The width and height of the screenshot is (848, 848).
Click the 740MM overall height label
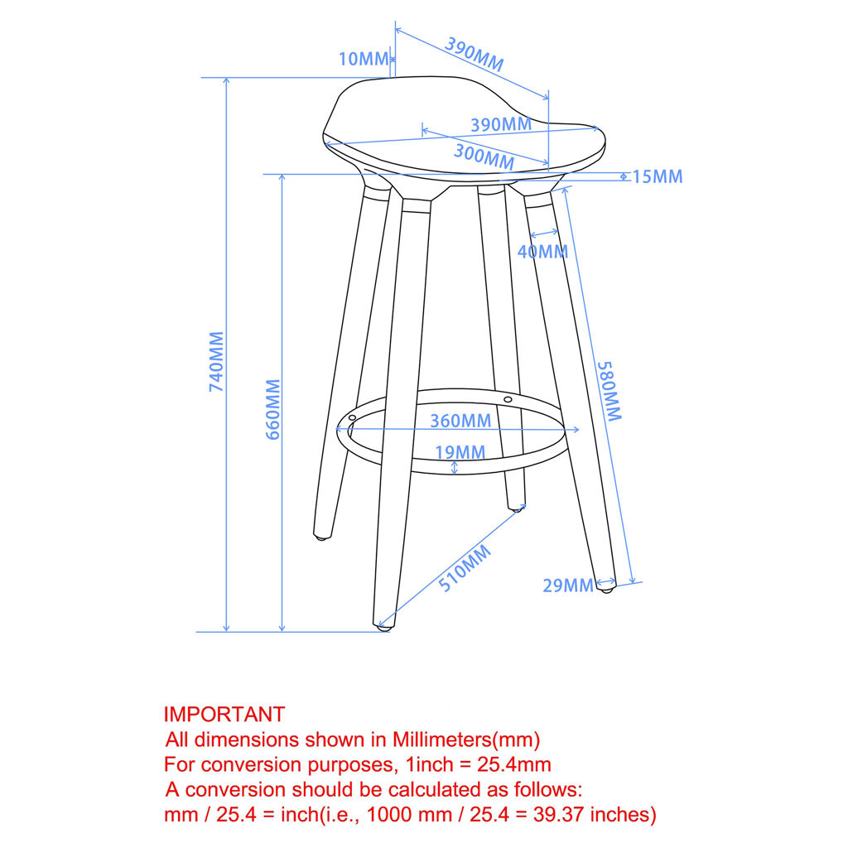pyautogui.click(x=216, y=361)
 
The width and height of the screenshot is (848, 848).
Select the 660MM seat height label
pyautogui.click(x=273, y=409)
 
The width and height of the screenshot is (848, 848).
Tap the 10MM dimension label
pyautogui.click(x=364, y=59)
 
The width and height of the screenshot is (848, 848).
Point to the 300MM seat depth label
pyautogui.click(x=484, y=157)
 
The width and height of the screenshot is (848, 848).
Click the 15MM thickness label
pyautogui.click(x=657, y=177)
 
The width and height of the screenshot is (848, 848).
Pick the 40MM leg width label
pyautogui.click(x=542, y=252)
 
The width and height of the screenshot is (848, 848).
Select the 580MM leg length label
pyautogui.click(x=609, y=391)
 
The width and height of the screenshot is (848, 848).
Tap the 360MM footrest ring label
pyautogui.click(x=460, y=421)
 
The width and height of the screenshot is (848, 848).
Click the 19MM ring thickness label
pyautogui.click(x=460, y=452)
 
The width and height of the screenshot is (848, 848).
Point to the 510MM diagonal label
pyautogui.click(x=465, y=568)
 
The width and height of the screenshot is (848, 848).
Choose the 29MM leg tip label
pyautogui.click(x=568, y=585)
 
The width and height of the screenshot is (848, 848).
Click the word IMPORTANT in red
pyautogui.click(x=224, y=715)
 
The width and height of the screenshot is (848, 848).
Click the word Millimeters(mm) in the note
pyautogui.click(x=466, y=740)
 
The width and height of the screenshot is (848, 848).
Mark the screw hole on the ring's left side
pyautogui.click(x=352, y=418)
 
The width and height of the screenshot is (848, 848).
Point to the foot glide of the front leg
pyautogui.click(x=383, y=628)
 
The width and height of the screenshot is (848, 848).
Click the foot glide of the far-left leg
pyautogui.click(x=322, y=537)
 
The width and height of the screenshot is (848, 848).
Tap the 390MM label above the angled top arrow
pyautogui.click(x=475, y=55)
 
